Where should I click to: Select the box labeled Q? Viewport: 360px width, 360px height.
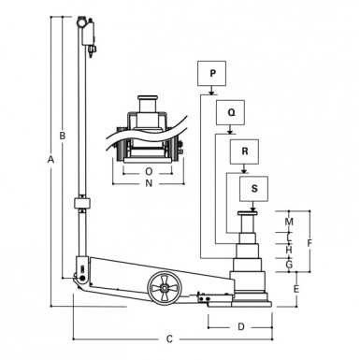(x=230, y=112)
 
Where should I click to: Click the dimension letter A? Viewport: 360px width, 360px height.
(x=50, y=161)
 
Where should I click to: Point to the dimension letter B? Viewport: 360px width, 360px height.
(x=63, y=137)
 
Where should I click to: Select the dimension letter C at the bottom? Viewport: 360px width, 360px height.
(x=169, y=338)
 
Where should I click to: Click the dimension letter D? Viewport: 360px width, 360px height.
(x=240, y=326)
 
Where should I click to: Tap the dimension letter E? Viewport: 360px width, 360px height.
(x=295, y=289)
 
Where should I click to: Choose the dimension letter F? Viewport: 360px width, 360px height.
(x=310, y=243)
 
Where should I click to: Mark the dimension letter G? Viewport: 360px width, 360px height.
(x=289, y=266)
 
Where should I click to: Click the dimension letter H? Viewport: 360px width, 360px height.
(x=289, y=250)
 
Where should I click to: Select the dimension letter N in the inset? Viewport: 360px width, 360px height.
(x=149, y=184)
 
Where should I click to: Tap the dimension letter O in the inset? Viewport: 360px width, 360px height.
(x=149, y=171)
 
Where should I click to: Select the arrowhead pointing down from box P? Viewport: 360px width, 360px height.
(x=212, y=92)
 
